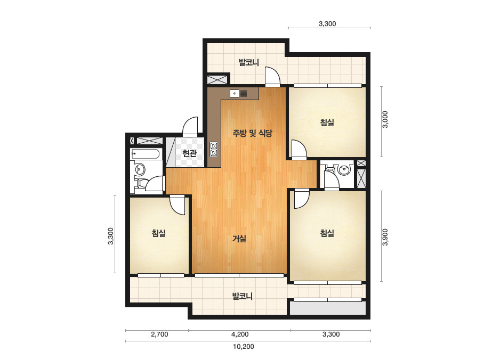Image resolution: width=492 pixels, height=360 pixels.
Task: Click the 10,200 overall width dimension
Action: [244, 347]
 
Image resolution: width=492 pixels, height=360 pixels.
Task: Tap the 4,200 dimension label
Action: [240, 334]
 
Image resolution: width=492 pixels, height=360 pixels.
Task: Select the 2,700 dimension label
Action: [159, 334]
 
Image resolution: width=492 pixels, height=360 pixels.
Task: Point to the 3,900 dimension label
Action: [385, 237]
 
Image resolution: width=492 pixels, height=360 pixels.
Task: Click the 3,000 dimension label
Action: [385, 119]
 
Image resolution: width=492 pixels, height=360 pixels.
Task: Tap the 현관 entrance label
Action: [190, 153]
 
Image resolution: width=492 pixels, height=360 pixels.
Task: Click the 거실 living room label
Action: [239, 239]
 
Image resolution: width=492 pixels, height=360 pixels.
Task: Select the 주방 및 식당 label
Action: [252, 133]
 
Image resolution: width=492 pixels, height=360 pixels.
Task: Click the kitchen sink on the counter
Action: [238, 93]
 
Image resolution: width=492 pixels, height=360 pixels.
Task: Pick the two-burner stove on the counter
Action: [214, 149]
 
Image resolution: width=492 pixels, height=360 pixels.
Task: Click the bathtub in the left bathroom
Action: [146, 154]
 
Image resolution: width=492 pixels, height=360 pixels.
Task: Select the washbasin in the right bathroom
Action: [344, 170]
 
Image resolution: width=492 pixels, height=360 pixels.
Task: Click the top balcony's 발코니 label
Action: [249, 62]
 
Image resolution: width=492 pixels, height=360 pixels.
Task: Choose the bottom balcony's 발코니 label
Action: [242, 296]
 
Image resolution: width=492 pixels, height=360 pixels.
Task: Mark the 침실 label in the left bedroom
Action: [159, 233]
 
